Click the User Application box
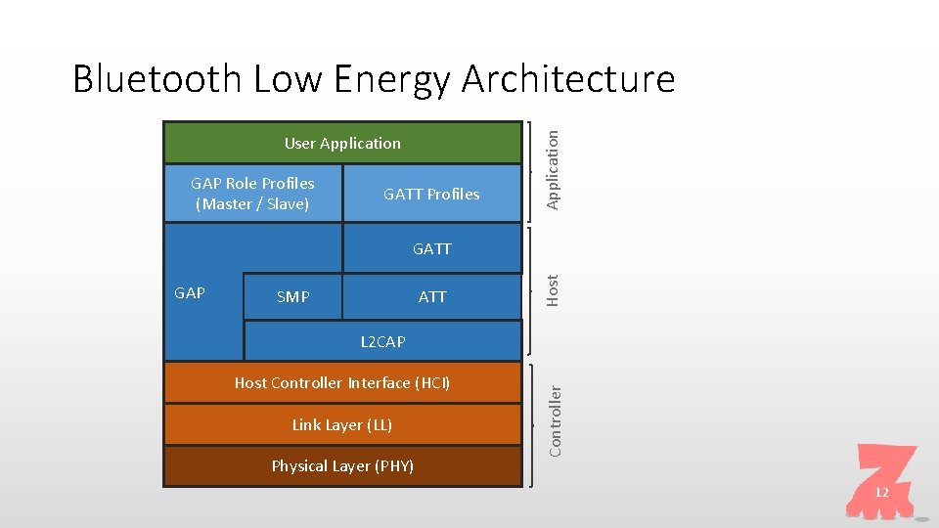click(342, 143)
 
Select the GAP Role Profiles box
click(253, 193)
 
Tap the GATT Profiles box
click(431, 194)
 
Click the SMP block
click(293, 296)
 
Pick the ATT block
click(432, 296)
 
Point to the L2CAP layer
click(382, 341)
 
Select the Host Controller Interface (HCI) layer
click(342, 382)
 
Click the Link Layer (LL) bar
click(342, 424)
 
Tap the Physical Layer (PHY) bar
click(342, 465)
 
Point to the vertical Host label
click(553, 289)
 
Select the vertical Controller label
click(555, 420)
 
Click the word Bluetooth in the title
click(156, 78)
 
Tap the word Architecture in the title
click(567, 78)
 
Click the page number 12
click(881, 492)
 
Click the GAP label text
click(190, 292)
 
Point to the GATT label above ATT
click(431, 248)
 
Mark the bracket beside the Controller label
click(531, 424)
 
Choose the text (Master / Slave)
click(252, 204)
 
